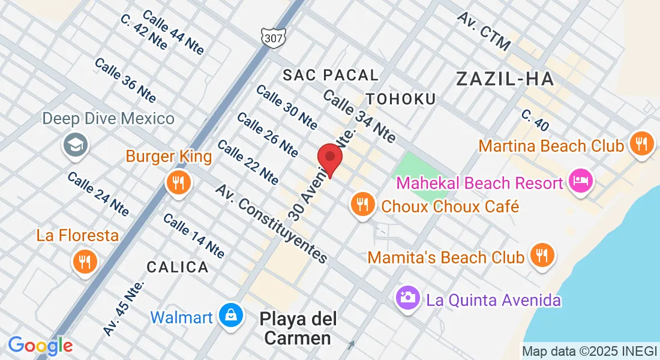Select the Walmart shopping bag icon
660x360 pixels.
(230, 315)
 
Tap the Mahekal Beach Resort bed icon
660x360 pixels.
(580, 181)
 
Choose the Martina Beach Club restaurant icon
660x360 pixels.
(641, 143)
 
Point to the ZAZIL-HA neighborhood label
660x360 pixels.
(504, 79)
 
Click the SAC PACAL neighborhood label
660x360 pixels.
(331, 75)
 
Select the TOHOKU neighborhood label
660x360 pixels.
(401, 98)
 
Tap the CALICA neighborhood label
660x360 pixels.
(178, 266)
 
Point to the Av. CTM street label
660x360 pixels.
(484, 31)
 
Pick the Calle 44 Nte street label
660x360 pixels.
(173, 32)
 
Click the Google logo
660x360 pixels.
(40, 346)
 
